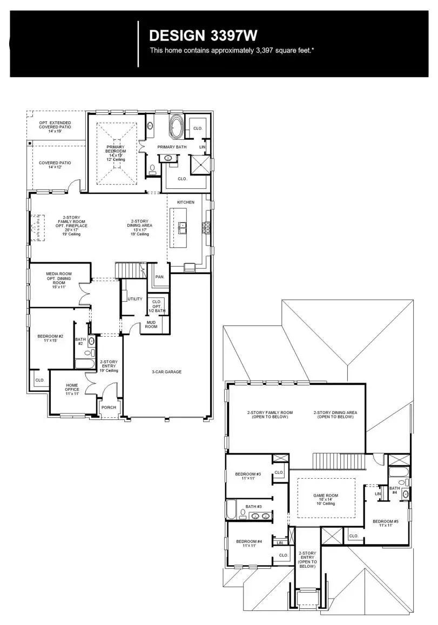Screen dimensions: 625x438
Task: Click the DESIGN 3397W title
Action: [203, 36]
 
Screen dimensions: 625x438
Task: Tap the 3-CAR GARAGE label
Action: [166, 372]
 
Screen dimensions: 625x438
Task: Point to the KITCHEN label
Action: [186, 202]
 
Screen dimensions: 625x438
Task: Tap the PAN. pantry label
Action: [160, 277]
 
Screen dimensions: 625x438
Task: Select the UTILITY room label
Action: [135, 298]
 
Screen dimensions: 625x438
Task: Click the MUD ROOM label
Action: [151, 324]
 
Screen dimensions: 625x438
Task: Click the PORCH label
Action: [109, 407]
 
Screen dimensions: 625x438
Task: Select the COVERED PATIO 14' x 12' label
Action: [55, 165]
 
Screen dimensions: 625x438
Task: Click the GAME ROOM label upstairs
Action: [326, 499]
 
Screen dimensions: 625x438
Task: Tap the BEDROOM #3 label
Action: [248, 476]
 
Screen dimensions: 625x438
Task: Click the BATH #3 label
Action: [253, 506]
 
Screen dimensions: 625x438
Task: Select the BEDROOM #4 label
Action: [249, 544]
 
